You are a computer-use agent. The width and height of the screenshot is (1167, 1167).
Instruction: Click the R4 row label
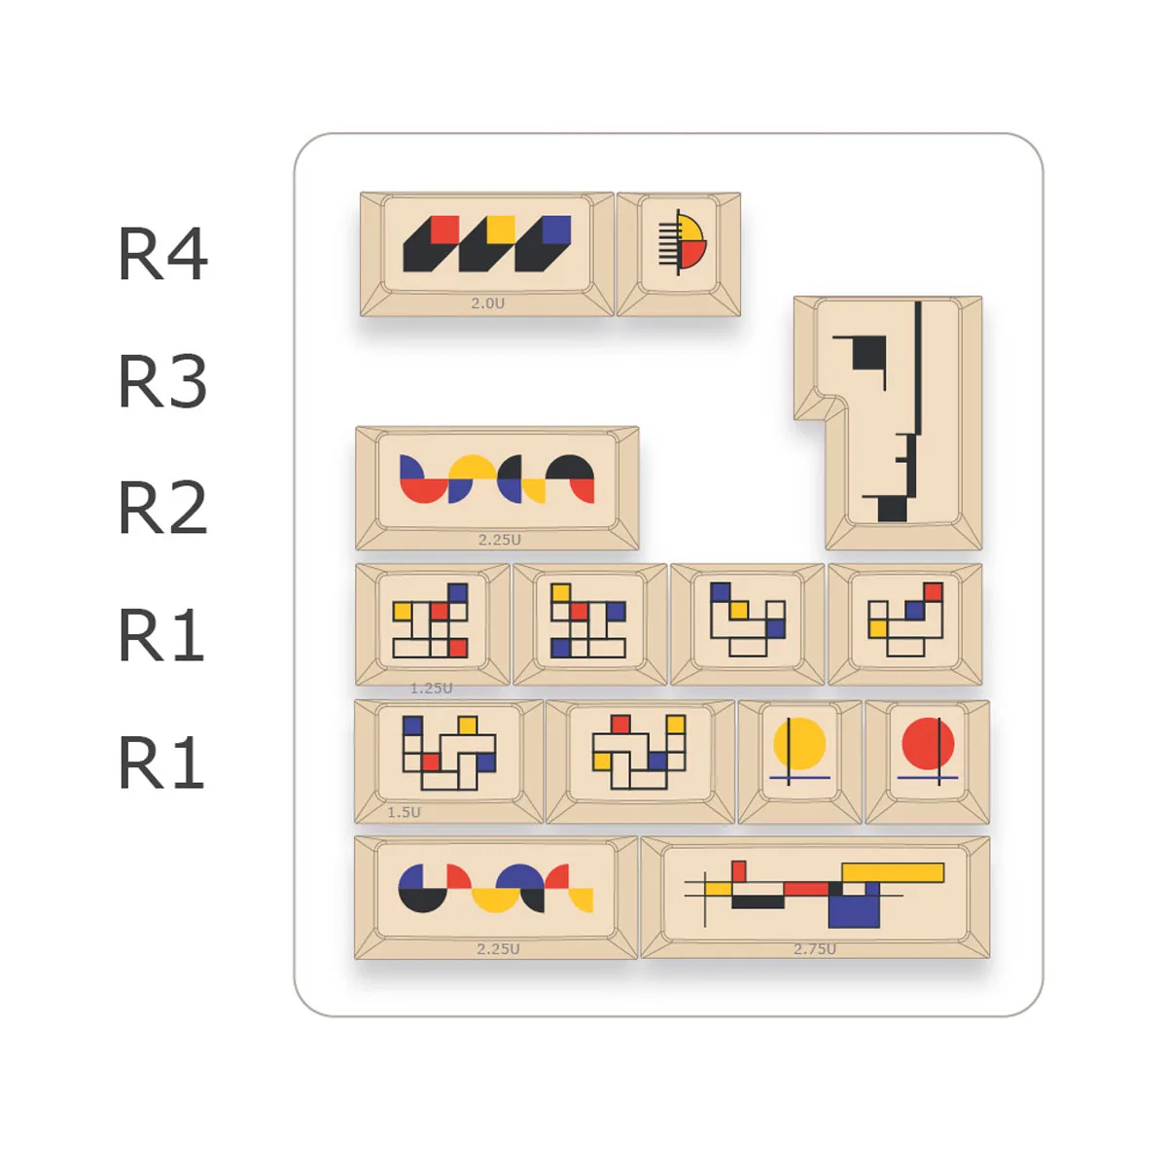162,255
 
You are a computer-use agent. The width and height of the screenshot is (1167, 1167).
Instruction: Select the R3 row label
162,381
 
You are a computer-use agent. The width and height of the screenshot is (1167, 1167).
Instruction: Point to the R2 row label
162,508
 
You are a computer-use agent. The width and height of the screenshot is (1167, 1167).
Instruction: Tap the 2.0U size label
487,303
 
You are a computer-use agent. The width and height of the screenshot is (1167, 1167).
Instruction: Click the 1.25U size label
431,689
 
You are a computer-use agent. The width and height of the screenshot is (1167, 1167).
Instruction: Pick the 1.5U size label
404,812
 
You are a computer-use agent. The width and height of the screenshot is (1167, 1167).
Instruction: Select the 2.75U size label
814,949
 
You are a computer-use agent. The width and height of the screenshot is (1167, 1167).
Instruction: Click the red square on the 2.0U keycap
444,229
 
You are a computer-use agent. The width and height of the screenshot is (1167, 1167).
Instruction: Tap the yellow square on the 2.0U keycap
501,229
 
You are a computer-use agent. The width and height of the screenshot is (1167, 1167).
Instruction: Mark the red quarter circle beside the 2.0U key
691,254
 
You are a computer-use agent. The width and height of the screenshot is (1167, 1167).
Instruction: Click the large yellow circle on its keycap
799,744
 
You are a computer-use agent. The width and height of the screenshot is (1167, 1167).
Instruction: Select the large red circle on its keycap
928,744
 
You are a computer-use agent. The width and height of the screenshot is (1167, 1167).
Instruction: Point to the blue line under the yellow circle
799,778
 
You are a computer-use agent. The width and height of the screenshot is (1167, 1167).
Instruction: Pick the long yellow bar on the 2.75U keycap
893,872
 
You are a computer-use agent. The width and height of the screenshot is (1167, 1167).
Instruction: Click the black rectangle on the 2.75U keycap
758,902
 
